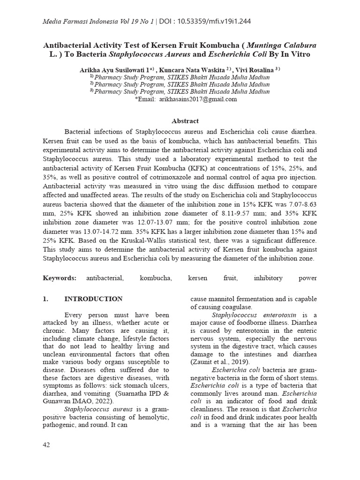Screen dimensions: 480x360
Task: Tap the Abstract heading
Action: pos(185,120)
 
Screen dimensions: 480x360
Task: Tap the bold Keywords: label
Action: pos(60,278)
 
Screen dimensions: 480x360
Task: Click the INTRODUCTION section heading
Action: pos(93,299)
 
